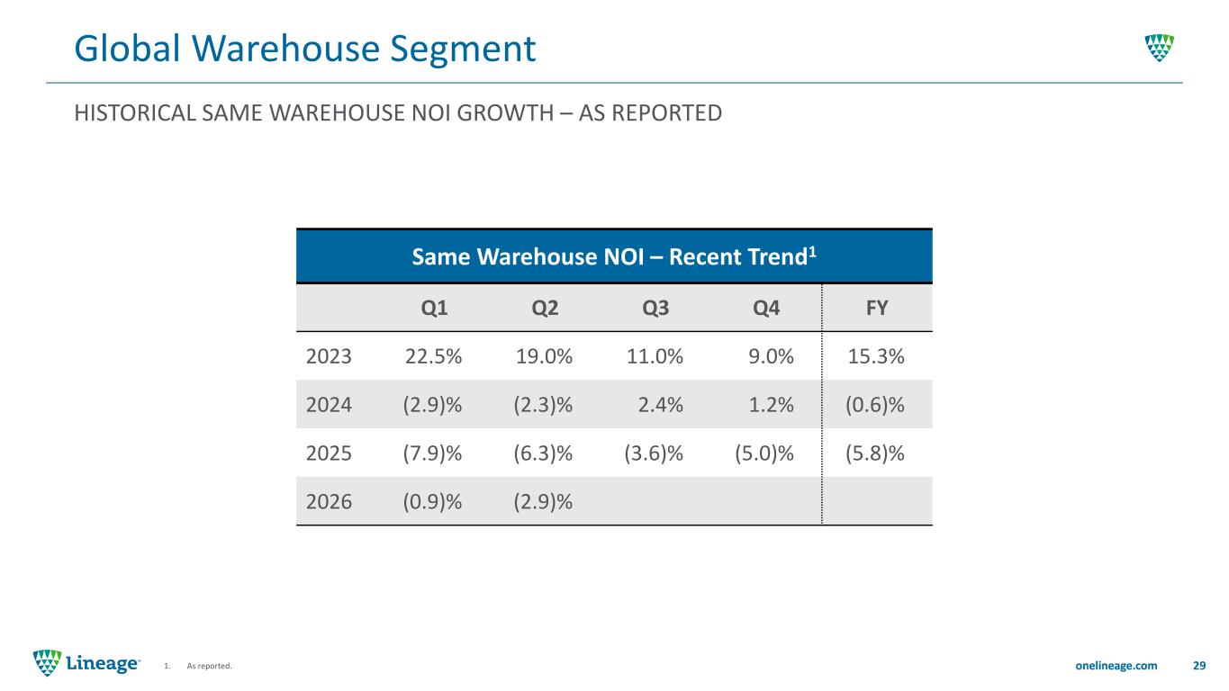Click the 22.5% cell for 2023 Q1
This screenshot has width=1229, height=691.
tap(433, 356)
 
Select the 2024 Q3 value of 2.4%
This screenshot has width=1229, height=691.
tap(661, 405)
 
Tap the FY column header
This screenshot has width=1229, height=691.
tap(877, 308)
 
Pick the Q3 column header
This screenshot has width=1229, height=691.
tap(655, 309)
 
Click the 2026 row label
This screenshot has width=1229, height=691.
tap(329, 502)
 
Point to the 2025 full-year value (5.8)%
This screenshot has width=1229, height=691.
tap(874, 453)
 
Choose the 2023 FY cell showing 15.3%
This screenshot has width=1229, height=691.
tap(876, 356)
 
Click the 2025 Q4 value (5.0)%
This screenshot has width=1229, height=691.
tap(764, 453)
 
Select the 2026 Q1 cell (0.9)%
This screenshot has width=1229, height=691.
tap(432, 502)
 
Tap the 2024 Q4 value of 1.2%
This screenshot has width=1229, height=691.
tap(772, 405)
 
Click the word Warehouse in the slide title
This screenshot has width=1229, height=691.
tap(285, 49)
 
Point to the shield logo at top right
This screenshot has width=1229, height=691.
tap(1160, 49)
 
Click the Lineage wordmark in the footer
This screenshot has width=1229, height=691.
tap(103, 663)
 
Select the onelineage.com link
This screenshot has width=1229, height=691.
tap(1116, 666)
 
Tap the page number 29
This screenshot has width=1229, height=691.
tap(1199, 666)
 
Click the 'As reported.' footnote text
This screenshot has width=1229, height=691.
tap(209, 666)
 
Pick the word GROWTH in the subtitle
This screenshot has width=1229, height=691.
tap(505, 113)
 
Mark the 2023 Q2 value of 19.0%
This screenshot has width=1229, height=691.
tap(544, 356)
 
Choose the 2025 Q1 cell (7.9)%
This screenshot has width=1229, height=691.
tap(432, 453)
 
